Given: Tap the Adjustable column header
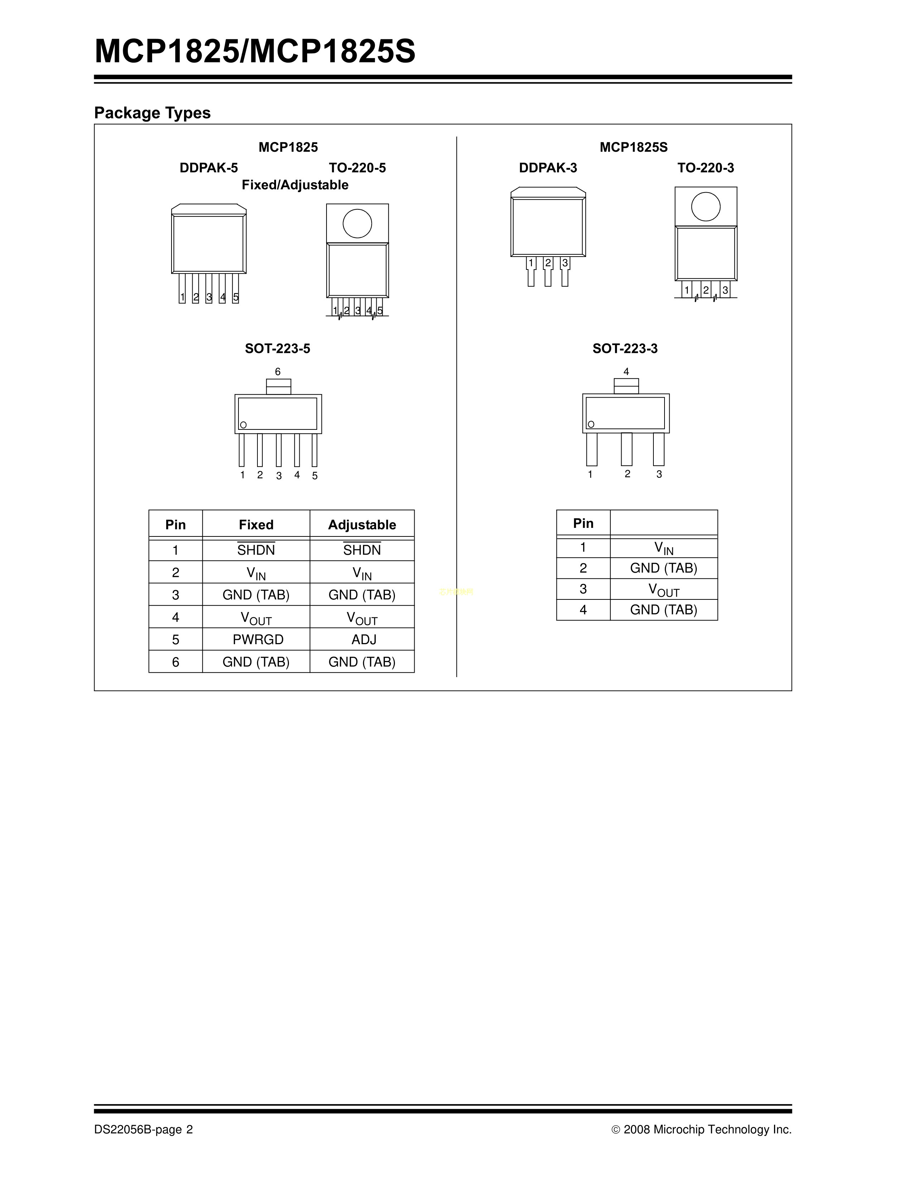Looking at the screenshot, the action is pos(362,525).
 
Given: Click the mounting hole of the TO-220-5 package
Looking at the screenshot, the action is pos(358,223).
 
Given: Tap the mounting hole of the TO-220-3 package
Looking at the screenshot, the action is pos(706,206).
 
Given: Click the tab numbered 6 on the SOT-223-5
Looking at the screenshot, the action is pos(279,387).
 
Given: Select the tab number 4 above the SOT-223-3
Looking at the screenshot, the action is pos(626,371).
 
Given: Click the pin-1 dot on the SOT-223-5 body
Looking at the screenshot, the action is pos(243,425).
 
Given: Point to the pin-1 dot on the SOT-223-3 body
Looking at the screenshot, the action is pos(591,424).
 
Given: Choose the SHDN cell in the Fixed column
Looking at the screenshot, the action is pos(256,549).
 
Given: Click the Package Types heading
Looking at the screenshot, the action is pos(153,113).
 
